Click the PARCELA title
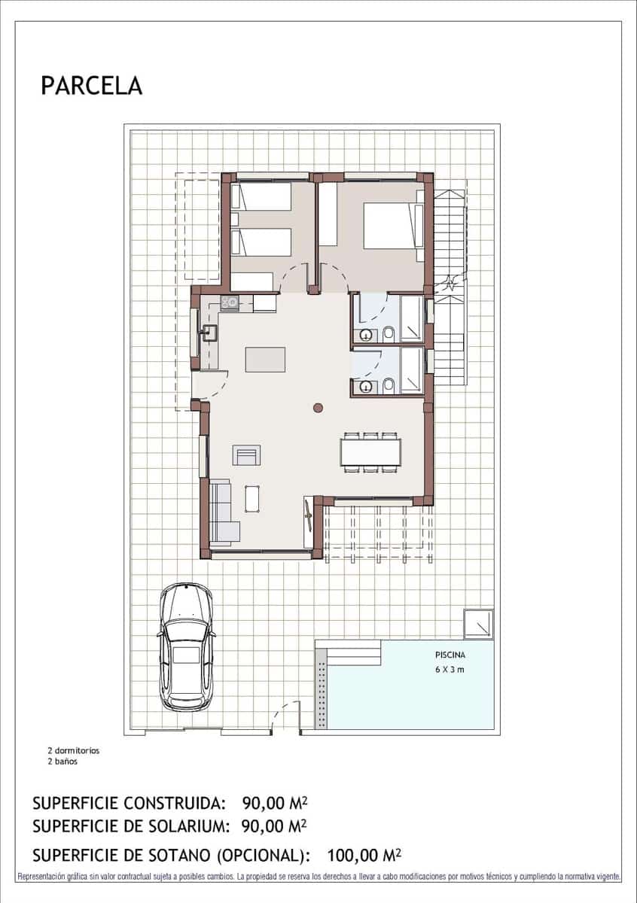click(x=91, y=86)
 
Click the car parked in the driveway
click(x=187, y=646)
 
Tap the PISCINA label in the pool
click(x=450, y=655)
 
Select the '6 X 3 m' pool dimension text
click(x=450, y=670)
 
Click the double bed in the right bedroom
click(x=392, y=225)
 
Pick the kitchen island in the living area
click(x=265, y=359)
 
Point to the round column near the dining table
click(x=318, y=408)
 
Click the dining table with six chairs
click(x=370, y=452)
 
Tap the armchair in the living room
click(x=248, y=455)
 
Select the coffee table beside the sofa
click(x=252, y=498)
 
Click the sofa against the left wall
click(x=221, y=513)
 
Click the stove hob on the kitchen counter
click(x=230, y=303)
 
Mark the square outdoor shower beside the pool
click(x=478, y=624)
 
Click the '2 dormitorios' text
click(x=73, y=750)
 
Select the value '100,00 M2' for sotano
click(x=364, y=855)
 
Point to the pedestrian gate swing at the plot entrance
click(x=285, y=716)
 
